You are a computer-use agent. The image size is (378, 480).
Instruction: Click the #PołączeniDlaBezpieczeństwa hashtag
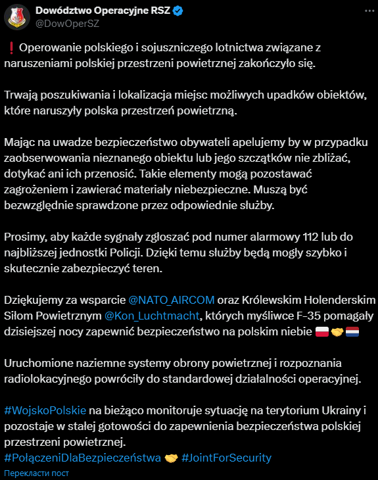point(82,457)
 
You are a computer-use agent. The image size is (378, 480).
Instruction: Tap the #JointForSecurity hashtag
point(226,457)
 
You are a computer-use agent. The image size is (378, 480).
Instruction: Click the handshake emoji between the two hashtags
point(172,457)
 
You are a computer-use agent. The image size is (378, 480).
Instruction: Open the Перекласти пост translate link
point(35,473)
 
